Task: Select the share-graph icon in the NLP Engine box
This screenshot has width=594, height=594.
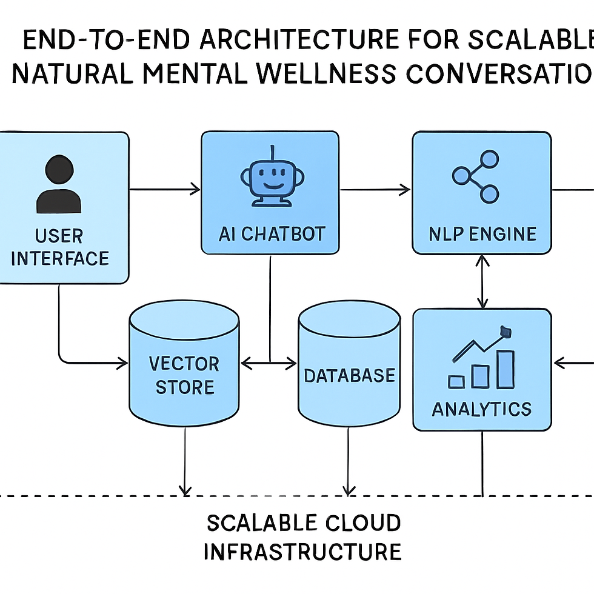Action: pyautogui.click(x=476, y=176)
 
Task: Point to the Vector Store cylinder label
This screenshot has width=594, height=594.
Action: pyautogui.click(x=184, y=375)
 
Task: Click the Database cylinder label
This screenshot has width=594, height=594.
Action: pyautogui.click(x=349, y=375)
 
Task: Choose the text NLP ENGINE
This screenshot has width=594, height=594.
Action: pyautogui.click(x=482, y=234)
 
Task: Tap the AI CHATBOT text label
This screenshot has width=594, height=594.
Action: pyautogui.click(x=272, y=234)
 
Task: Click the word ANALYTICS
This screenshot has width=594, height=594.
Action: pyautogui.click(x=482, y=409)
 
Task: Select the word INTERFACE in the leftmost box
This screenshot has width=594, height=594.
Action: pyautogui.click(x=60, y=258)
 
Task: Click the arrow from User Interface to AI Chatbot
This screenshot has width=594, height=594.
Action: pyautogui.click(x=165, y=190)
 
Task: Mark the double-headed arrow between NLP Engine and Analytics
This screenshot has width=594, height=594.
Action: pyautogui.click(x=482, y=281)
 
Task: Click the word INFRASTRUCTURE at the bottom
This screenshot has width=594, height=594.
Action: pyautogui.click(x=302, y=552)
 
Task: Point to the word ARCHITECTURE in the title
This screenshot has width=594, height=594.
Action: pyautogui.click(x=300, y=41)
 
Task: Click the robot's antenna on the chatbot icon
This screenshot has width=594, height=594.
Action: pyautogui.click(x=273, y=151)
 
